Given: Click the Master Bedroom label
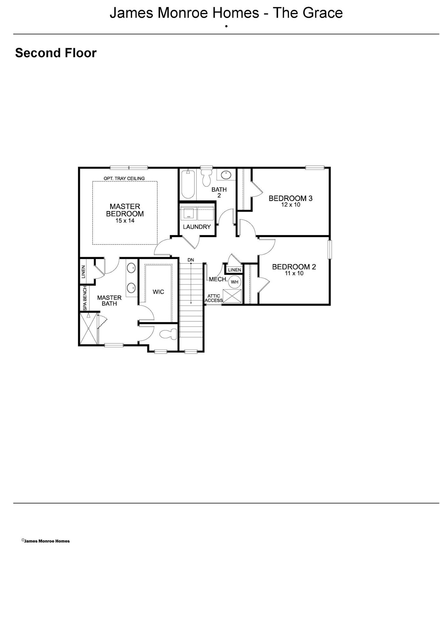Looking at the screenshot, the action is [125, 213].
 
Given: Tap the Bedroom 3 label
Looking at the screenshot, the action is [290, 201].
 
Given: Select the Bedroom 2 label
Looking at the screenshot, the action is [294, 269].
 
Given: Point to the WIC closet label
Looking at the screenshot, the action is [158, 292].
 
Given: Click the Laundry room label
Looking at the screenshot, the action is [197, 227].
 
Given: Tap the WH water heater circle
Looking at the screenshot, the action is [235, 282].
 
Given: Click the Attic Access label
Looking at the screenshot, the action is [214, 298].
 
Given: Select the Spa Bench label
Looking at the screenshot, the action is [85, 298].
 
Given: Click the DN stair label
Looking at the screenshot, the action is [191, 260].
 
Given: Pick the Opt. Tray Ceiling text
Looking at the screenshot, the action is [124, 178].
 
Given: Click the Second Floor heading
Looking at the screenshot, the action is [56, 53].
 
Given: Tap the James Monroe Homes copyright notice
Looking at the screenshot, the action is [46, 541].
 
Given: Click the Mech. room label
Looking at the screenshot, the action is [218, 279].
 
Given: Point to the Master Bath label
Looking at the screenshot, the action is [109, 300].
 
